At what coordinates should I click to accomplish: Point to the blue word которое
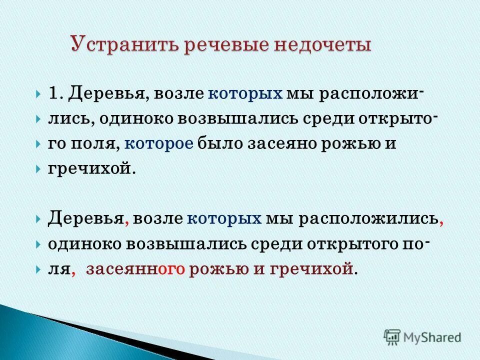point(158,144)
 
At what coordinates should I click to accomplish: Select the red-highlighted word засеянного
point(135,269)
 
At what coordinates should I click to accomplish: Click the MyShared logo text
point(431,337)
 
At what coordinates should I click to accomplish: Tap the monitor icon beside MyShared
point(391,336)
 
